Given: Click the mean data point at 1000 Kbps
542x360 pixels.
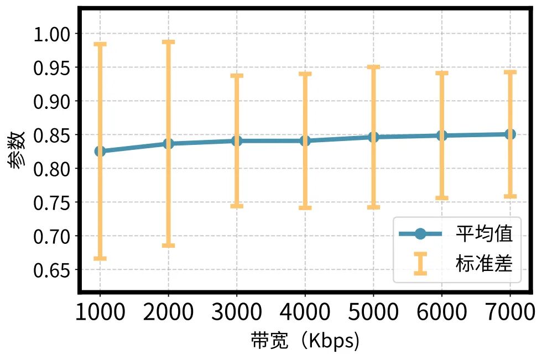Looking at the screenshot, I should click(100, 151).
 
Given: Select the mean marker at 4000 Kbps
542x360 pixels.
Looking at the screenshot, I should click(305, 140).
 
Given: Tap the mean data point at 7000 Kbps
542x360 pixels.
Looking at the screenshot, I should click(510, 134).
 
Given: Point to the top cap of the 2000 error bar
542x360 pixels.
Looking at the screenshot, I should click(168, 42).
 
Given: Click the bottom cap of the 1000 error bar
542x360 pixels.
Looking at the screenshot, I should click(100, 258).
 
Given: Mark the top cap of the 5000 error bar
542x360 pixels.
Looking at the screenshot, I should click(373, 67).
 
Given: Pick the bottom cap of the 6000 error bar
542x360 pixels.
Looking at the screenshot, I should click(441, 197).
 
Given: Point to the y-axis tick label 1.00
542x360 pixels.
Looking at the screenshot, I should click(54, 34).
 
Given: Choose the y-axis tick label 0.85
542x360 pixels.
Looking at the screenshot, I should click(54, 135).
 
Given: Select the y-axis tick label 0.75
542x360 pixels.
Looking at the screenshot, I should click(54, 203).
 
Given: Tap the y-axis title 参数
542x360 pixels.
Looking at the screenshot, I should click(16, 150).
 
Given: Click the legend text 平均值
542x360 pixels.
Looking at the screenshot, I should click(484, 234).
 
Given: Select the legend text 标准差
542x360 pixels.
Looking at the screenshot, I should click(484, 264).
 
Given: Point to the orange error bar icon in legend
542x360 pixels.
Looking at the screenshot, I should click(421, 264).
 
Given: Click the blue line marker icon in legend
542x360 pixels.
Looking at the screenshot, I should click(421, 234).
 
